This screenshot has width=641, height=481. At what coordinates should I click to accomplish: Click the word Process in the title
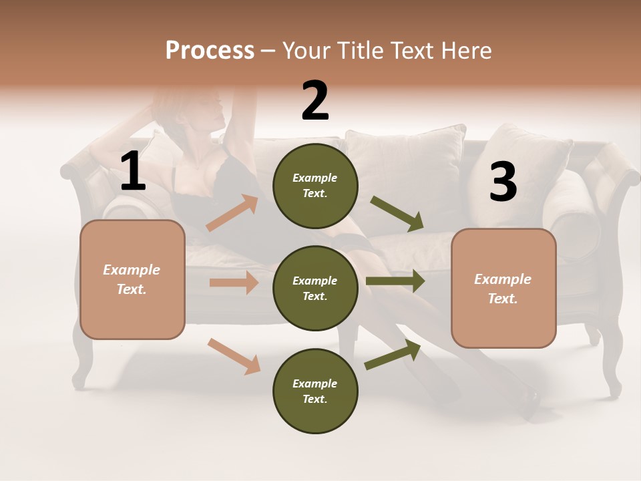210,51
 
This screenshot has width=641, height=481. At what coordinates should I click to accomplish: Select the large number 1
133,172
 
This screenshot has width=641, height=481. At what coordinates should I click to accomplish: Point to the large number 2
315,101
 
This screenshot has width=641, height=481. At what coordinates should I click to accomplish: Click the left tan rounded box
132,279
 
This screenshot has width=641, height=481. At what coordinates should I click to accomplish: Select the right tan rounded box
503,289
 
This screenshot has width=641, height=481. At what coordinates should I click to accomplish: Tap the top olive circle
315,186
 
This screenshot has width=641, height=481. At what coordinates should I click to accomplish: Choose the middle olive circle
315,288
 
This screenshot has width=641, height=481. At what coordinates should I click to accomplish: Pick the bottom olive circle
315,391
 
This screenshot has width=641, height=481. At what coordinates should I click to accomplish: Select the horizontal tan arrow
234,283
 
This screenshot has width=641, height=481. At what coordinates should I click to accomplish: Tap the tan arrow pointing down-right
234,355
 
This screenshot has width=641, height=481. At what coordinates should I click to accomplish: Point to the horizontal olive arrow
395,281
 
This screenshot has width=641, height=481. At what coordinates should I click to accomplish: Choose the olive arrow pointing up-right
393,355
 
